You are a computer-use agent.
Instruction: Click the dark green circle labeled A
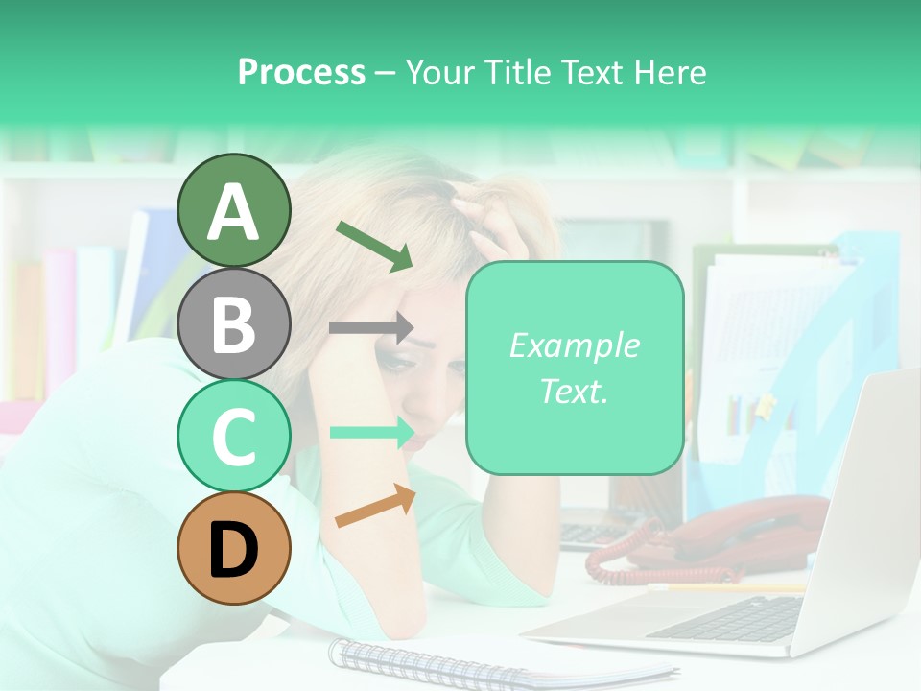tap(233, 211)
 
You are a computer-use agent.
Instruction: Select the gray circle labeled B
tap(233, 323)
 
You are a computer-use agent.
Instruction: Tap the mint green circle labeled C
tap(233, 436)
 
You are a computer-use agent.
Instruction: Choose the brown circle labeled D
tap(233, 548)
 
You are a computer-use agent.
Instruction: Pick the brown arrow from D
tap(375, 506)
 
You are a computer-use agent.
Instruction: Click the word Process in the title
tap(301, 72)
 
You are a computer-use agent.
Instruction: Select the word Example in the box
tap(574, 345)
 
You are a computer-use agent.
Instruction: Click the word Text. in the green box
tap(574, 391)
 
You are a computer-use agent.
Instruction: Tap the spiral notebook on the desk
tap(480, 662)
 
